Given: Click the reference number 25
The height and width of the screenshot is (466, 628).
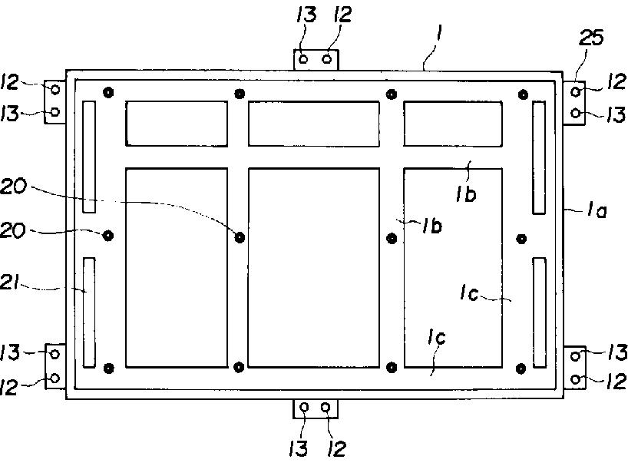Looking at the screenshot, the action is point(593,37).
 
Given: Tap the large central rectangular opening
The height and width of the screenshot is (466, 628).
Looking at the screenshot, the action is point(313,266).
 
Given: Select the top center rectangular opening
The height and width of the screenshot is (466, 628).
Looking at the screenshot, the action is point(313,124).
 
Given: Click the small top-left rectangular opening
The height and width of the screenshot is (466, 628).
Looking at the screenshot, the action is point(176,124).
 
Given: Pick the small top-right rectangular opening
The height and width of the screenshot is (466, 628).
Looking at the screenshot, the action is point(453,124).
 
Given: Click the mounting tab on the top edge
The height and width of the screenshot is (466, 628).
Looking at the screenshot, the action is point(316,58).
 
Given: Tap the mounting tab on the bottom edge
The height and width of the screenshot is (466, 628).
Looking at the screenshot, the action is point(316,407).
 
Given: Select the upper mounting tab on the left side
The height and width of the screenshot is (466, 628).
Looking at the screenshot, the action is point(55,101).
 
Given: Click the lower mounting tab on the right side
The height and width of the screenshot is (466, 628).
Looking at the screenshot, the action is point(576,366).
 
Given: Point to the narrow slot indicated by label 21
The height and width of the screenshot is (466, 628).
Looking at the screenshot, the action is point(89,312).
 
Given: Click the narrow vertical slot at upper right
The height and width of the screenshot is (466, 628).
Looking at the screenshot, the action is point(539,157).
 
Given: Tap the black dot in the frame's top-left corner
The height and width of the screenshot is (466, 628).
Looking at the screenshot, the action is point(108,94).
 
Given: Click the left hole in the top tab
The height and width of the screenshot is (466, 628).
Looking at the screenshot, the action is point(304,58).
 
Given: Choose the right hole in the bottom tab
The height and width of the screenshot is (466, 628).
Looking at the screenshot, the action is point(326,407).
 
